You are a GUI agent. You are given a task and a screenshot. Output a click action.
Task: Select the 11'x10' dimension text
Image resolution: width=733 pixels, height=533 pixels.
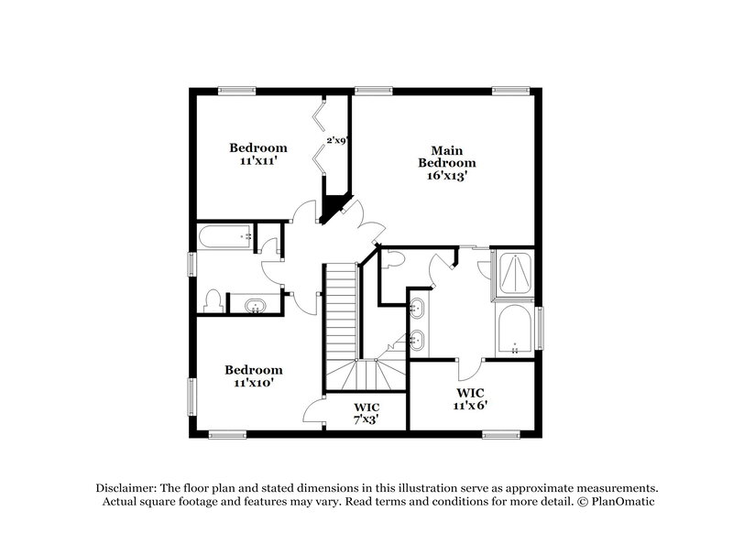click(254, 383)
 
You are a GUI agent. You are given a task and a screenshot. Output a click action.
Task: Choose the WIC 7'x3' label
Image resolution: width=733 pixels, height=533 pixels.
click(366, 412)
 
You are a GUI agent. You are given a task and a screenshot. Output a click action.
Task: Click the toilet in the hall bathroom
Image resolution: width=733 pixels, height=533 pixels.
click(212, 299)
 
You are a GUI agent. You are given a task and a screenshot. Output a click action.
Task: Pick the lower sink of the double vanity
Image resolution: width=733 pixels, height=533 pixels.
click(417, 342)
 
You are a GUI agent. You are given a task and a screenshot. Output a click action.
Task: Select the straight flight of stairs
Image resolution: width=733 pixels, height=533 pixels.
click(341, 311)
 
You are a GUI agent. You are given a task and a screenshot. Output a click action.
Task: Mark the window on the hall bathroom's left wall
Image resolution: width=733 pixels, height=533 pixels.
click(191, 264)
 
